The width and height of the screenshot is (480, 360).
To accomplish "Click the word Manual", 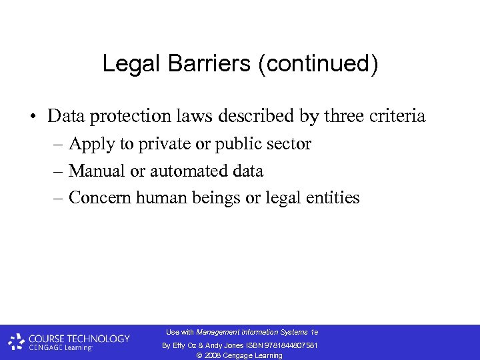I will [x=97, y=171].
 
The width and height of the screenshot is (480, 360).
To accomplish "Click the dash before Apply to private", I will [x=57, y=145].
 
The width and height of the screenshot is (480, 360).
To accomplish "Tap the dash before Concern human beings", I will [x=57, y=199].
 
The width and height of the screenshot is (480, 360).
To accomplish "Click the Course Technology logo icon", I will [x=17, y=342].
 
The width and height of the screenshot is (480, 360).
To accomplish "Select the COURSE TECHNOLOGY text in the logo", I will [x=79, y=338].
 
